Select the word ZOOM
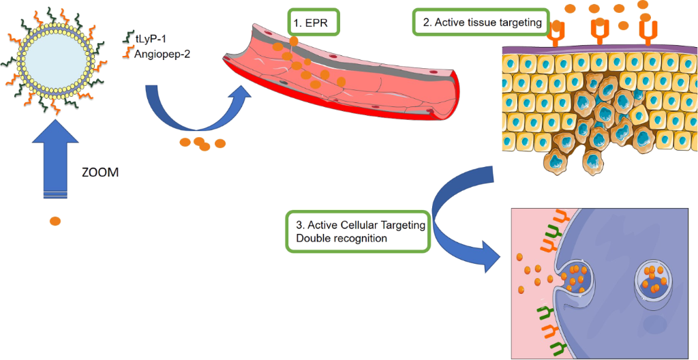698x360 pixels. click(x=100, y=172)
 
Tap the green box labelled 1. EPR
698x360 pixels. click(x=314, y=22)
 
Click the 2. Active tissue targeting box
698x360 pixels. click(x=481, y=22)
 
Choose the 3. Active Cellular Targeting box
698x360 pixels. click(x=358, y=232)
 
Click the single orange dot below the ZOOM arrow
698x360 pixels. click(x=55, y=221)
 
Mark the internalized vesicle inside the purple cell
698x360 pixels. click(x=654, y=280)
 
